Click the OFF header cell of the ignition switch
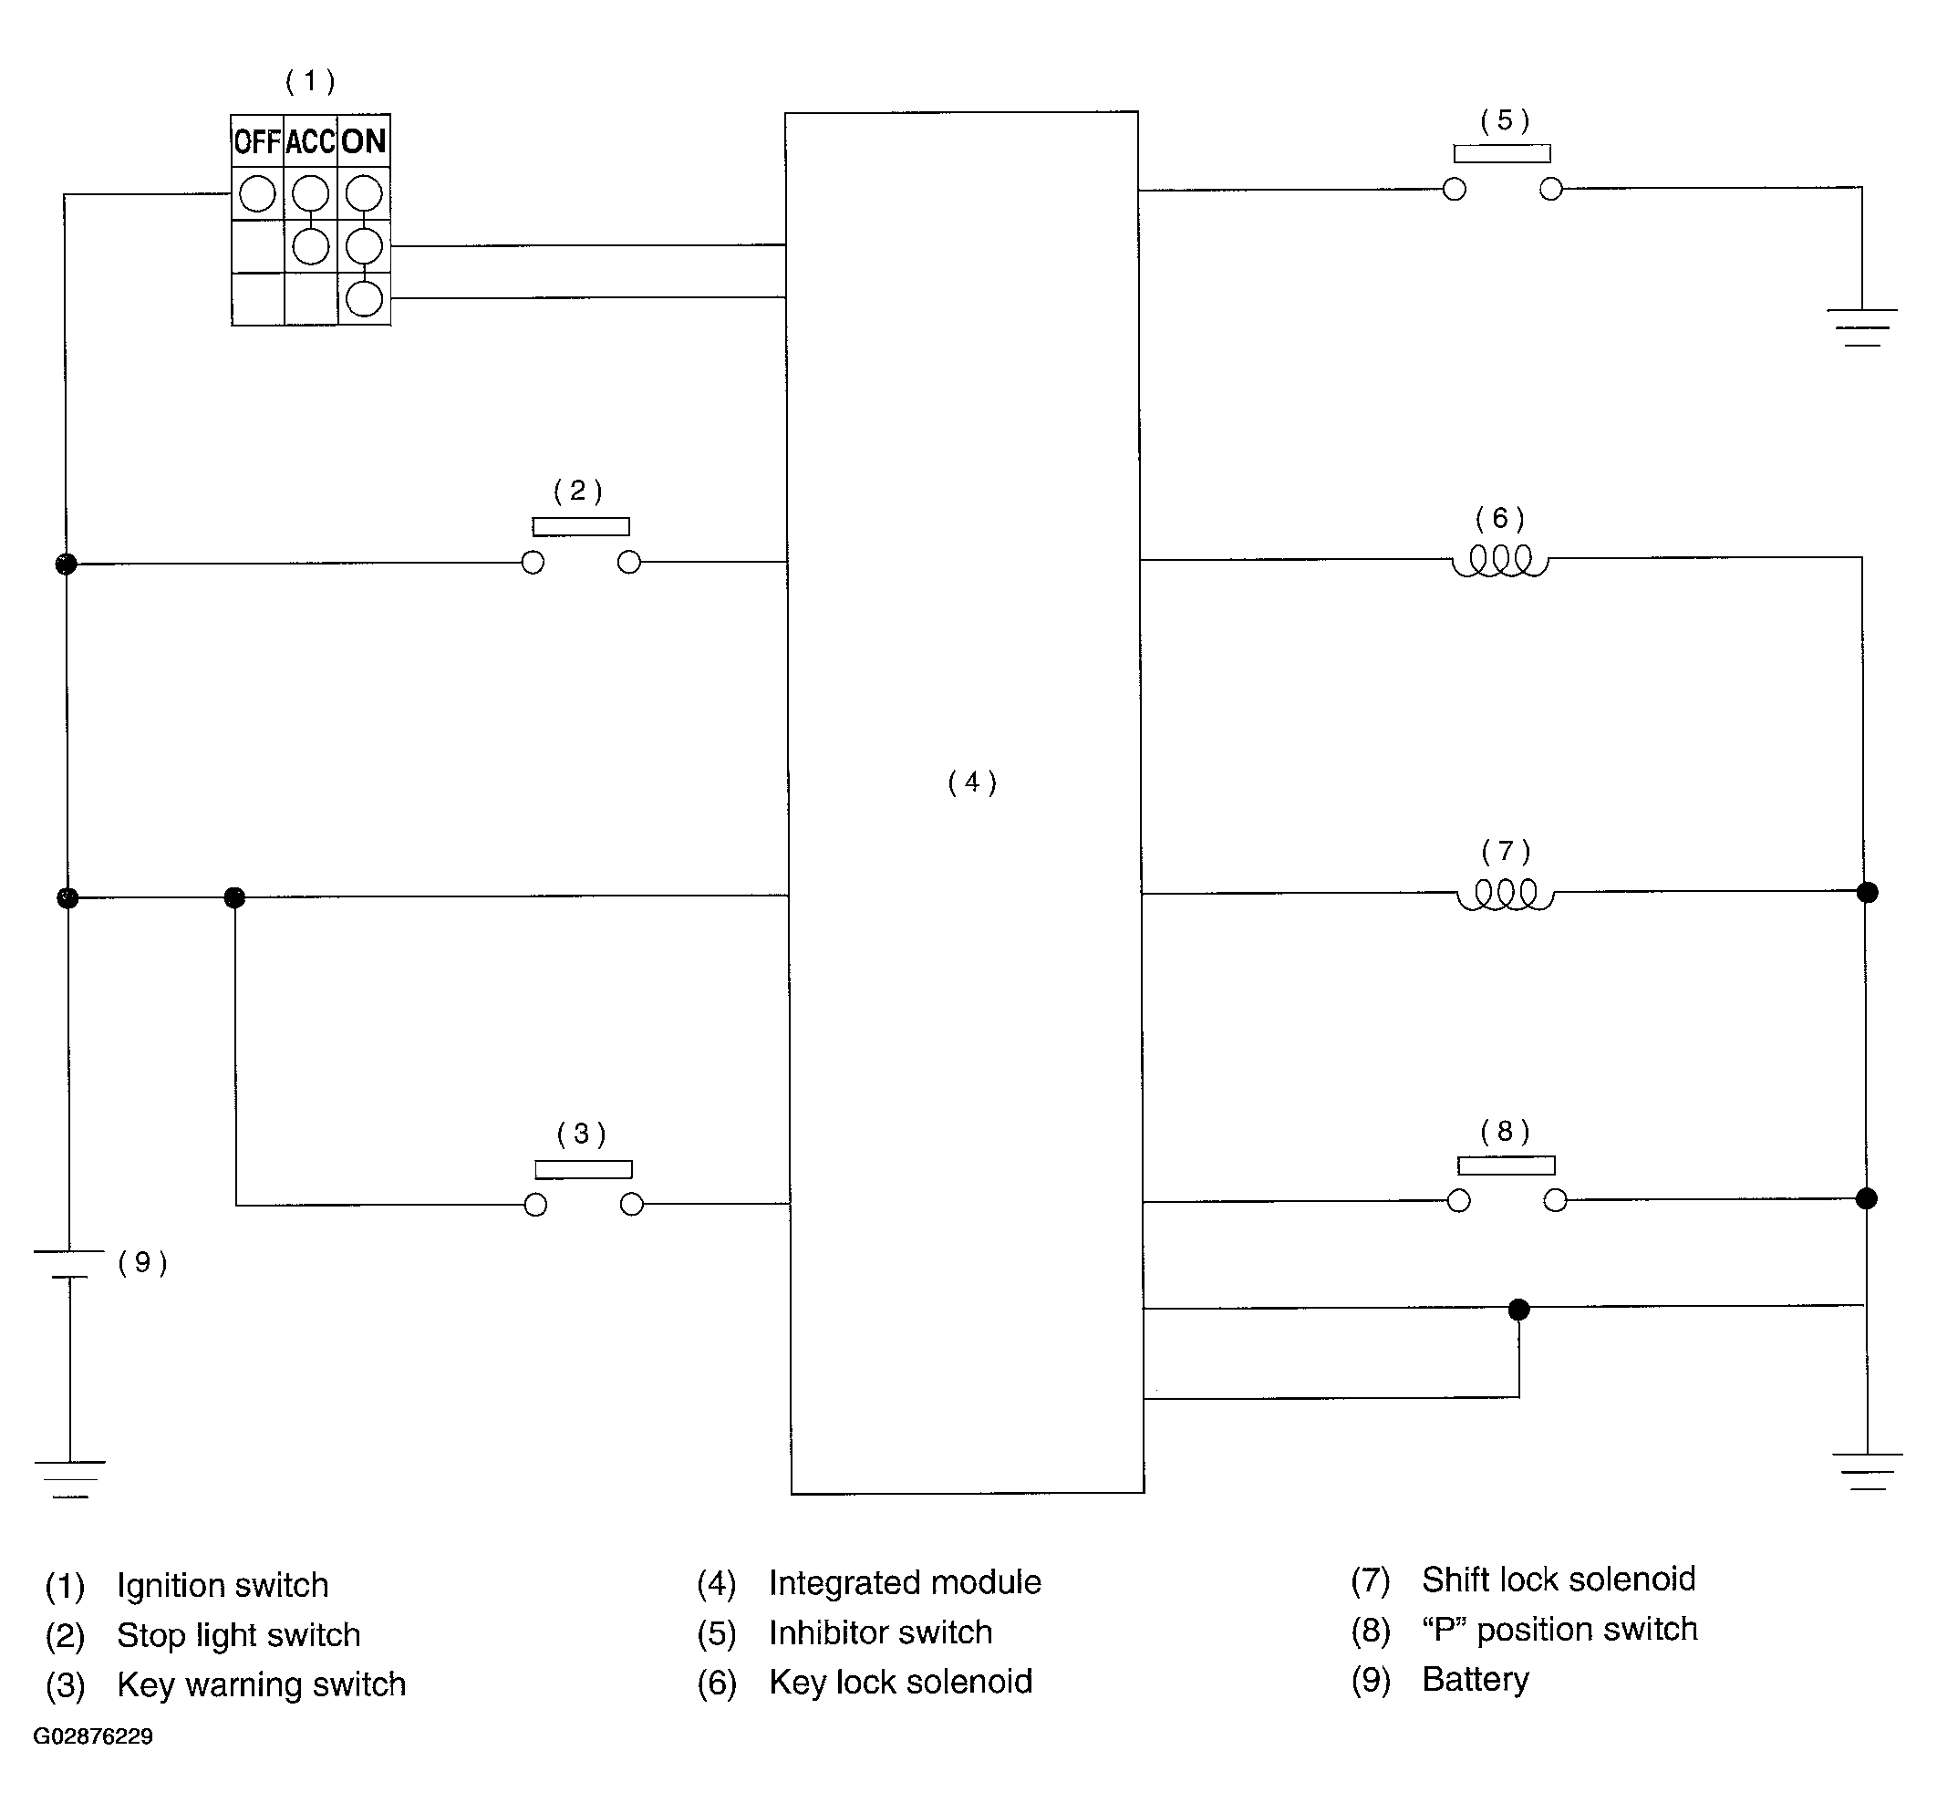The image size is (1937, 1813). point(257,142)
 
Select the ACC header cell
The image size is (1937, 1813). point(311,142)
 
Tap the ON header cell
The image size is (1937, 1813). point(365,142)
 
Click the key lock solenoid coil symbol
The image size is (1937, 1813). point(1499,561)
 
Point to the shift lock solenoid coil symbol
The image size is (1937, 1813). point(1506,895)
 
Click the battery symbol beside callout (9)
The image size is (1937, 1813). point(69,1264)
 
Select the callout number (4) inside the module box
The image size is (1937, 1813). point(971,782)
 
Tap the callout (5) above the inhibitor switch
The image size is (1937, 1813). point(1505,120)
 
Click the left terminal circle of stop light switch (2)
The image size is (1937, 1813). point(533,562)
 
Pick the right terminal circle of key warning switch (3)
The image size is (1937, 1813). point(631,1205)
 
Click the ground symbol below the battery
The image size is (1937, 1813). point(69,1478)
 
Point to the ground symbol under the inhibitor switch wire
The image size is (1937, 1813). point(1862,327)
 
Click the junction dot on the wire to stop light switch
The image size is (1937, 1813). point(67,563)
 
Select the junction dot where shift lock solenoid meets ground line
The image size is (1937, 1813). point(1867,893)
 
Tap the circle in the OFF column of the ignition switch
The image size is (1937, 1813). point(257,194)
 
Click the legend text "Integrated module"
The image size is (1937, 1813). point(904,1582)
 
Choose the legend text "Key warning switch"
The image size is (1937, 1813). point(261,1684)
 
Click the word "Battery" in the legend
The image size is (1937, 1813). point(1476,1679)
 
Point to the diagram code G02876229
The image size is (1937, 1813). point(94,1736)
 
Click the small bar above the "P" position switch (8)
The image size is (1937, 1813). point(1507,1165)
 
